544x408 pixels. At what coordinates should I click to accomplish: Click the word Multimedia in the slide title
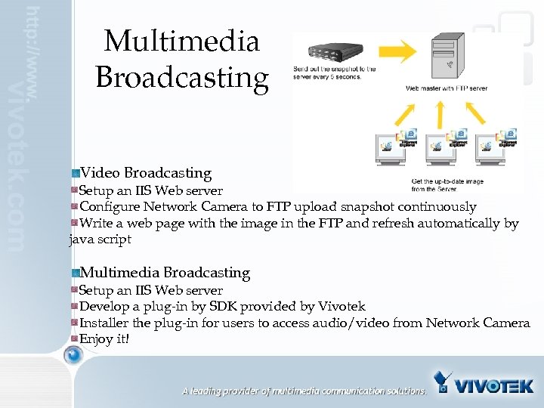(181, 41)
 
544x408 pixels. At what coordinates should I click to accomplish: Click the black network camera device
(330, 54)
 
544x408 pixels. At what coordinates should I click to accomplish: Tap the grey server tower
(447, 57)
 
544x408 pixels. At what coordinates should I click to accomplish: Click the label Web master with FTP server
(447, 88)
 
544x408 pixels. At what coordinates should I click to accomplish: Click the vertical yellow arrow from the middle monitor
(446, 113)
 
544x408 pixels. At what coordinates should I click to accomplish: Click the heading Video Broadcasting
(146, 173)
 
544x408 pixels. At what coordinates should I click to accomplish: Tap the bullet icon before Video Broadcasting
(76, 174)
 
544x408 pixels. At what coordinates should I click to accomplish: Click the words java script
(100, 240)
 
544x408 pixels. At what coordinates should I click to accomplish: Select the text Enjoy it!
(104, 338)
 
